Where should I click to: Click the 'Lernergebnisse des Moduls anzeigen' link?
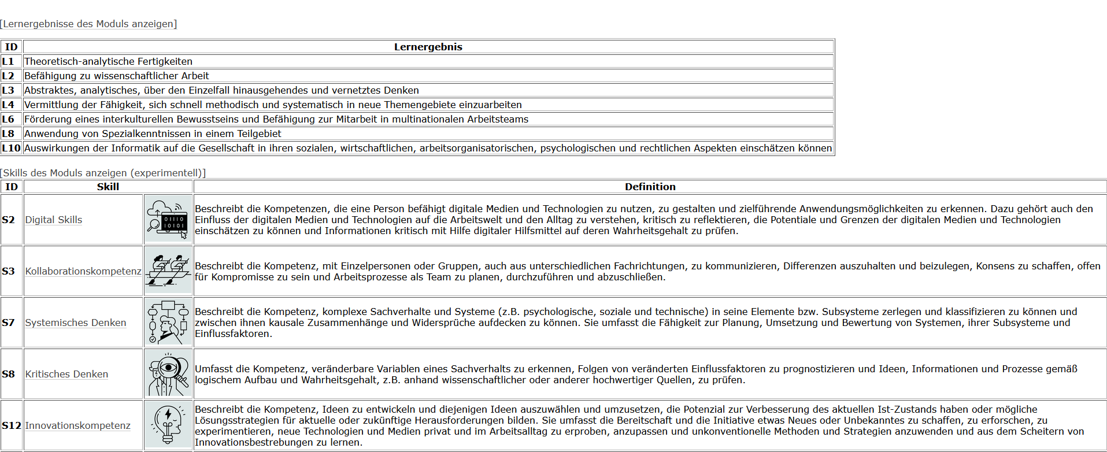pos(88,24)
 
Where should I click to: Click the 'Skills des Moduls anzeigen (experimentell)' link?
pos(103,173)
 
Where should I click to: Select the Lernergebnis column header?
pos(428,47)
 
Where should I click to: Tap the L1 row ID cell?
pos(8,61)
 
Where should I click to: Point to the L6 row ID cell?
pos(8,119)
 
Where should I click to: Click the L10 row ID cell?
pos(11,148)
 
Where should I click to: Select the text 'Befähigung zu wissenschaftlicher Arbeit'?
pos(116,76)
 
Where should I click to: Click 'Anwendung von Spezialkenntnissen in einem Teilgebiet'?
pos(153,134)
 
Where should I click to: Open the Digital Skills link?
pos(54,220)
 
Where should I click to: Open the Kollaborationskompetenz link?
pos(83,271)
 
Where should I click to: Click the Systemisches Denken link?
pos(76,323)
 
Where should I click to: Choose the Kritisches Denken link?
pos(66,374)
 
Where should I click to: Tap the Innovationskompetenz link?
pos(77,425)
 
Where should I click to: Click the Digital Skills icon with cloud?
pos(168,220)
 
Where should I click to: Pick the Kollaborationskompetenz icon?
pos(168,271)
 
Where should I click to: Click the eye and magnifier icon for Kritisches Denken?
pos(168,374)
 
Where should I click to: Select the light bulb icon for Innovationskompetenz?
pos(168,425)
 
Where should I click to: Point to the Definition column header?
pos(650,187)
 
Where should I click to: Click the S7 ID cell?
pos(9,323)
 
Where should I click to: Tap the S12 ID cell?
pos(11,425)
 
